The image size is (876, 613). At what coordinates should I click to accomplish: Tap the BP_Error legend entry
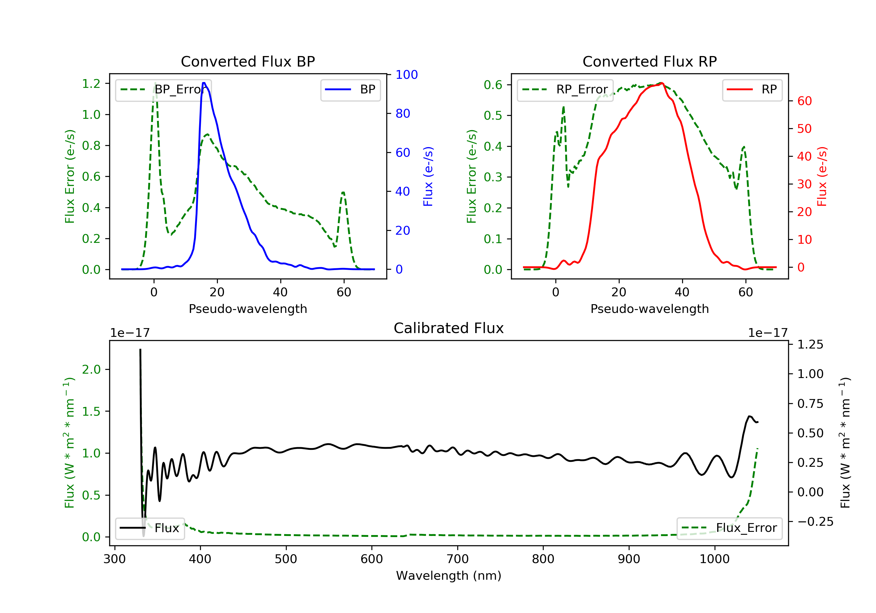tap(163, 90)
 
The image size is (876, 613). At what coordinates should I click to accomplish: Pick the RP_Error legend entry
tap(565, 90)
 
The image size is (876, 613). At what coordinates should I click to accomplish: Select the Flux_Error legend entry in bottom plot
tap(729, 528)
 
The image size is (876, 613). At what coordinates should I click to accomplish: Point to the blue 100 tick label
tap(406, 75)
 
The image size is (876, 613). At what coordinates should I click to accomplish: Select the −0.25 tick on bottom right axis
tap(815, 522)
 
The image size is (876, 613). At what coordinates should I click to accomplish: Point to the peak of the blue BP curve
tap(204, 83)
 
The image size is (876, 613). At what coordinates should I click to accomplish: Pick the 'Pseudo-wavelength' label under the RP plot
tap(649, 309)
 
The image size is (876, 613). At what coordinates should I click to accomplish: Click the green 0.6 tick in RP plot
tap(493, 85)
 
